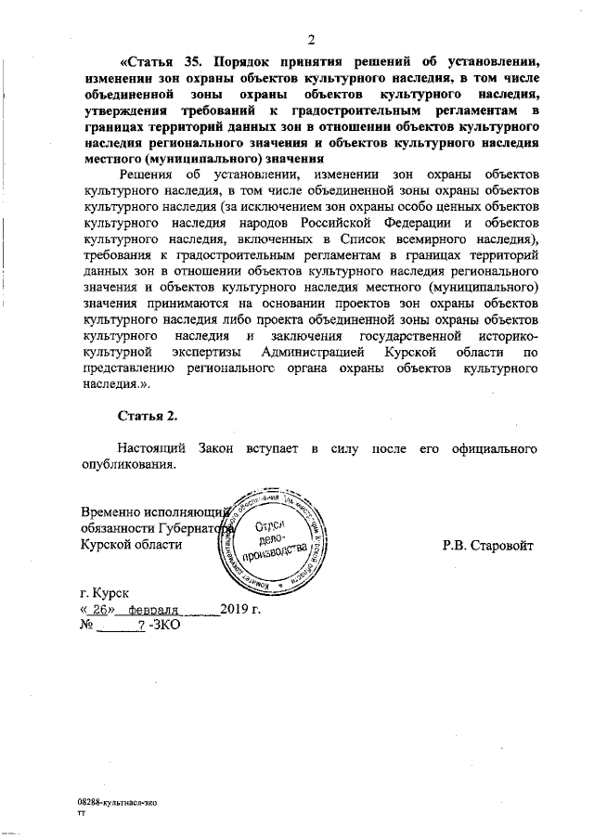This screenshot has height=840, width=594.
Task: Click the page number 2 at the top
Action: (x=312, y=38)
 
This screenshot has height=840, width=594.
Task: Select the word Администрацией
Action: (x=317, y=354)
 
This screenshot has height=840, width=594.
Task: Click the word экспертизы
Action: (x=213, y=354)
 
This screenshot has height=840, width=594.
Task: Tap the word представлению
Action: (x=133, y=368)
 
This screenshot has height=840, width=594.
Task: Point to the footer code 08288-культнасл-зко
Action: (x=117, y=798)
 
